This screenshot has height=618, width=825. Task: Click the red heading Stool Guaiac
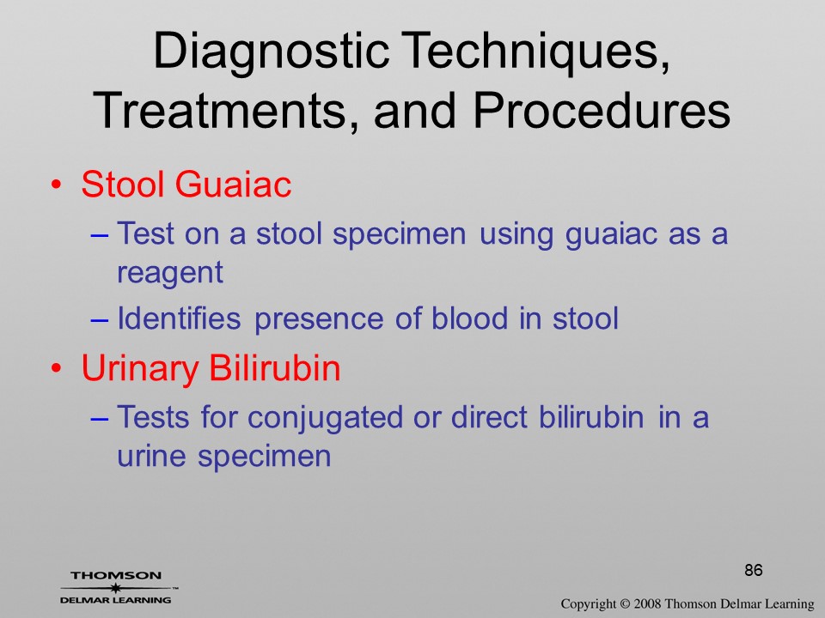point(186,184)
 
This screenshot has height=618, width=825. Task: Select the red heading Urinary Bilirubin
point(211,368)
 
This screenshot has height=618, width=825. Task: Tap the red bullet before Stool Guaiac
point(56,185)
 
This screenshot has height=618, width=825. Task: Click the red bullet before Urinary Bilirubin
point(56,369)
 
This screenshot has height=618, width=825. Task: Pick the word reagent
point(170,273)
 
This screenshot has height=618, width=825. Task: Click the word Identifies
point(179,318)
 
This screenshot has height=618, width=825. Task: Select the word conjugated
point(325,418)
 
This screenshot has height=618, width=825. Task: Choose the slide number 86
point(754,570)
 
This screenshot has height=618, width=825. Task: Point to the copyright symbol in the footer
point(625,604)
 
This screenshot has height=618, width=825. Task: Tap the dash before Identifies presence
point(100,319)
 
